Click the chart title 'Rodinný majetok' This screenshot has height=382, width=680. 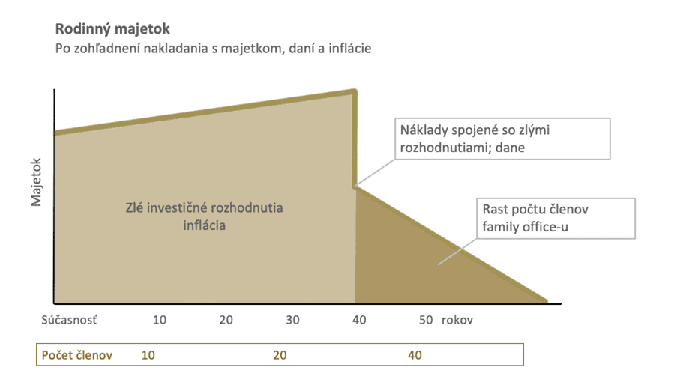[112, 29]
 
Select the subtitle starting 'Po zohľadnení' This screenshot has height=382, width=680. [213, 49]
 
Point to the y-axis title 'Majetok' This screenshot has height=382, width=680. [36, 182]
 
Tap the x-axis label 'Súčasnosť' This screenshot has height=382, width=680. [70, 320]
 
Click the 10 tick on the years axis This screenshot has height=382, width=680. [159, 320]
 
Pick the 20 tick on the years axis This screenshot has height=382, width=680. [226, 320]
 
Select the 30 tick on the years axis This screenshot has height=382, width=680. [292, 320]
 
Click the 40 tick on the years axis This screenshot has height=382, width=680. [359, 320]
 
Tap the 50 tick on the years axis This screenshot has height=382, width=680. [426, 320]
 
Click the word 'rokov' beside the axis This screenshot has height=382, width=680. [457, 320]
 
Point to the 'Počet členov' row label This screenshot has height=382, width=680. [76, 355]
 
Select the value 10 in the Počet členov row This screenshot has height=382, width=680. [148, 355]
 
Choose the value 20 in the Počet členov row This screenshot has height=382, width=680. [280, 355]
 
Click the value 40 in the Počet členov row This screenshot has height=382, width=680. [415, 355]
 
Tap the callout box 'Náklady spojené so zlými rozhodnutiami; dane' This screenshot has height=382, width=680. [502, 139]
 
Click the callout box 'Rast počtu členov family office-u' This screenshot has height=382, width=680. [556, 218]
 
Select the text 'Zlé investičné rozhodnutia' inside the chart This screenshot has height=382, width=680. [204, 208]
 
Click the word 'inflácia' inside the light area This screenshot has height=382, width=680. [204, 225]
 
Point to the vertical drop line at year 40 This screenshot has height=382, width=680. [355, 139]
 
